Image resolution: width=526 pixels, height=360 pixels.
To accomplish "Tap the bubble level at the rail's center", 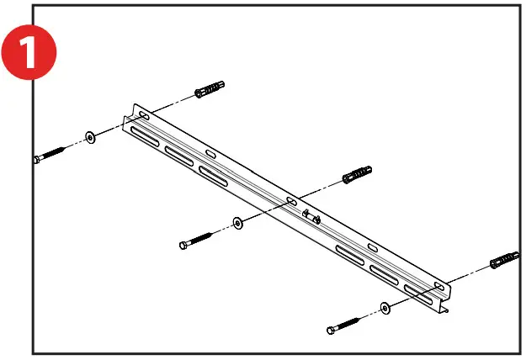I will pyautogui.click(x=310, y=216).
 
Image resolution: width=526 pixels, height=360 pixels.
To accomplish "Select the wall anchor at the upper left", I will pyautogui.click(x=209, y=89).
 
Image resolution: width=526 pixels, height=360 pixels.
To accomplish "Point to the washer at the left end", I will pyautogui.click(x=89, y=136).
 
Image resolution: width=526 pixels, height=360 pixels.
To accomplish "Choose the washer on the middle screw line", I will pyautogui.click(x=237, y=224).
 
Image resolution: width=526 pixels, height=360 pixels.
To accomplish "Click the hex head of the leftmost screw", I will pyautogui.click(x=37, y=157).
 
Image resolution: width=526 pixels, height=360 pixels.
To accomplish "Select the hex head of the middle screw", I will pyautogui.click(x=183, y=245).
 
